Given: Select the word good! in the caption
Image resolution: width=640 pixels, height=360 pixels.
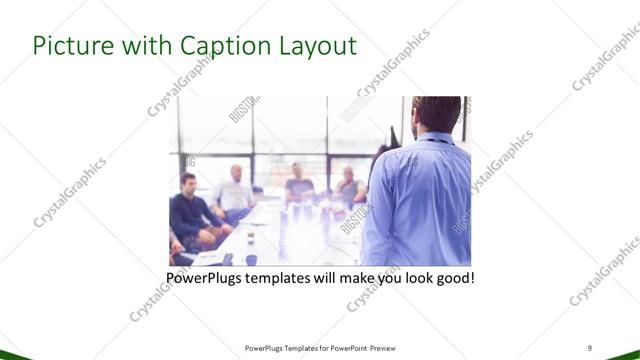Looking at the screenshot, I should pyautogui.click(x=454, y=277).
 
